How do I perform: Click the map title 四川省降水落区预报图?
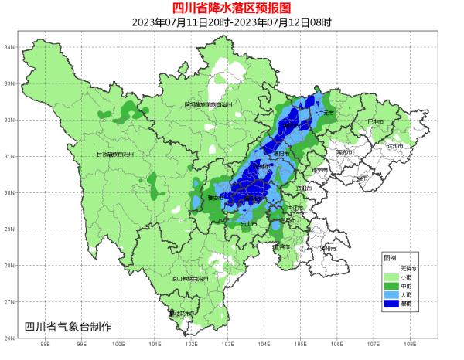231,8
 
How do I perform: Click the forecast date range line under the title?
231,22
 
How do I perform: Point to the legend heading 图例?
390,257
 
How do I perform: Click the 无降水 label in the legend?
398,267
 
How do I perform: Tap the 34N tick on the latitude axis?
10,47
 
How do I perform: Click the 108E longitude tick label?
409,345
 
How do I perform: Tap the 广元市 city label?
326,113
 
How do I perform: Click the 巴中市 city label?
376,121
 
